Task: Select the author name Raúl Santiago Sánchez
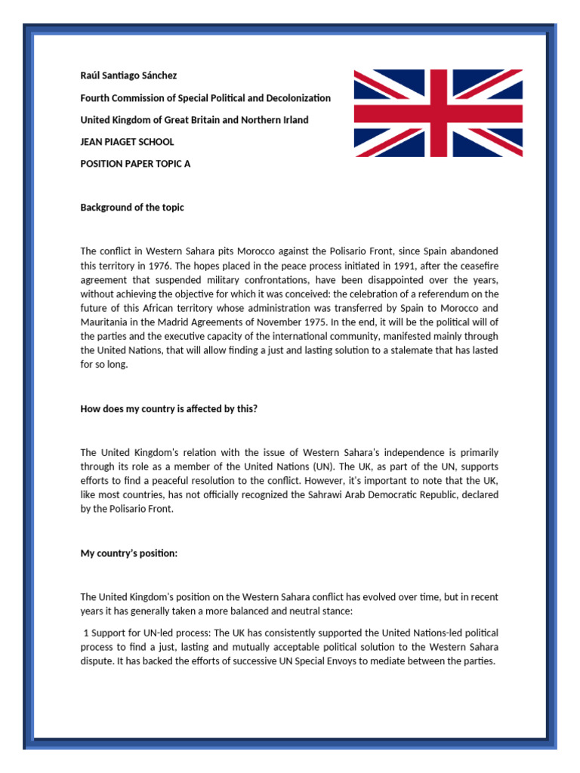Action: pos(128,76)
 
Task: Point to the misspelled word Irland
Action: pos(293,120)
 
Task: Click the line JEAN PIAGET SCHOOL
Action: pos(127,142)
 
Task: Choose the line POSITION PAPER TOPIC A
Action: pos(135,164)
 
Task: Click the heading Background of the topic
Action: pos(132,208)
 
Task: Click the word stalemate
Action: pos(417,351)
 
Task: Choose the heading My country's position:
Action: pos(129,553)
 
